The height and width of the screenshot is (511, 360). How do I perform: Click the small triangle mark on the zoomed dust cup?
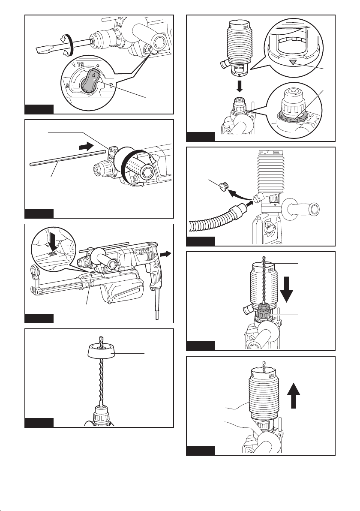(x=293, y=63)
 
